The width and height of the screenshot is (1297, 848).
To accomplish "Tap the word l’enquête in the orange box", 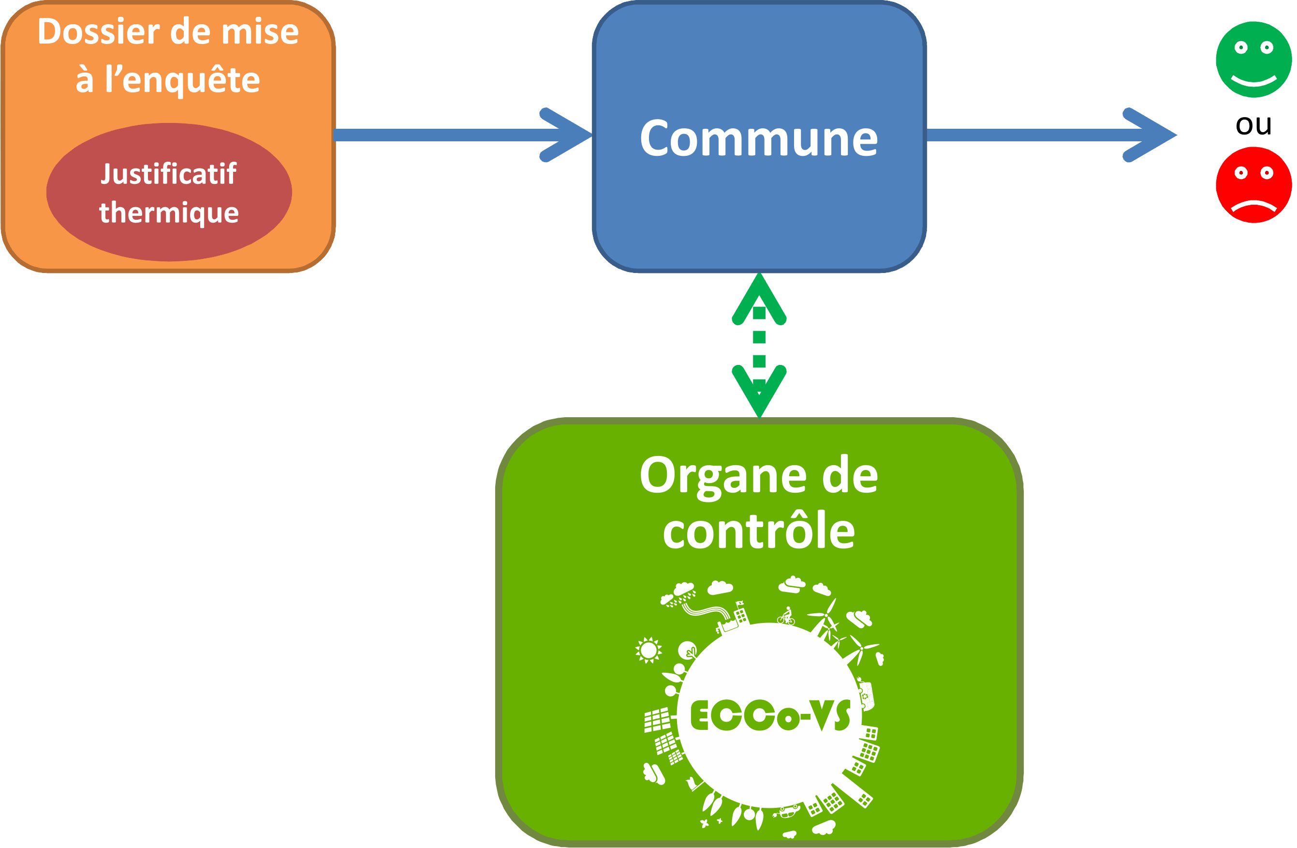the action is pos(183,79).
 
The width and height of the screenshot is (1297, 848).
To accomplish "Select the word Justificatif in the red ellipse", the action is pos(169,175).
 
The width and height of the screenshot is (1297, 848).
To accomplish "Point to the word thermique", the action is pos(169,212).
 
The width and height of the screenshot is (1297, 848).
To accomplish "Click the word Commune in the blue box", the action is pos(759,138).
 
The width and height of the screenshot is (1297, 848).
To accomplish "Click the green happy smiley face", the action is pos(1253,60).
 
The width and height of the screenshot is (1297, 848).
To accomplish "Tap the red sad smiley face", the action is pos(1253,185).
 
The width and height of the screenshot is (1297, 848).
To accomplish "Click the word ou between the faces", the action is pos(1253,125).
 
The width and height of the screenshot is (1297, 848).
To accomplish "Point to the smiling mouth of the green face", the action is pos(1254,81).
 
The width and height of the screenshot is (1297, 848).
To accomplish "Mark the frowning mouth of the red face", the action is pos(1254,206).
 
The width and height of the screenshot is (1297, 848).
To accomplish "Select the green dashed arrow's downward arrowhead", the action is pos(759,391).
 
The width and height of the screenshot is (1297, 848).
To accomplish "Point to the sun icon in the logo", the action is pos(648,650).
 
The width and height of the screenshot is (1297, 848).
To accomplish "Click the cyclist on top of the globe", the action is pos(786,616).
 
